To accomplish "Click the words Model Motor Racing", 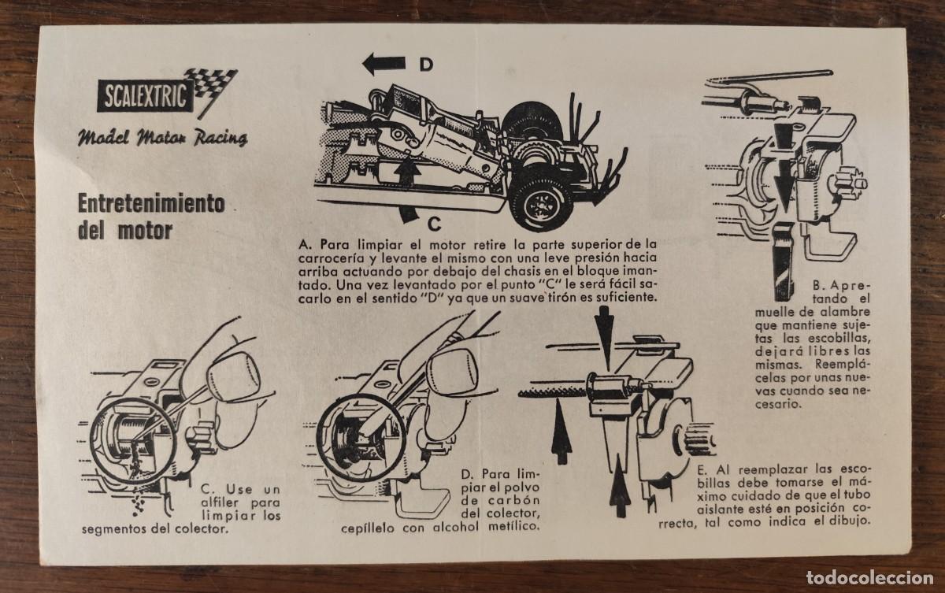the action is (162, 138).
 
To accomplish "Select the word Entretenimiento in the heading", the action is (151, 204).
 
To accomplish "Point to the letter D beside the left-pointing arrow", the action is (426, 65).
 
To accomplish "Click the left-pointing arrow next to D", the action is (384, 64).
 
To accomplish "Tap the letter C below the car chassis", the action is (434, 224).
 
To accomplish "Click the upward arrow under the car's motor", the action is (407, 171).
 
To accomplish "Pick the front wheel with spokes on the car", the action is (541, 203).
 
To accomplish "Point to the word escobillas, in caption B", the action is (839, 339).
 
